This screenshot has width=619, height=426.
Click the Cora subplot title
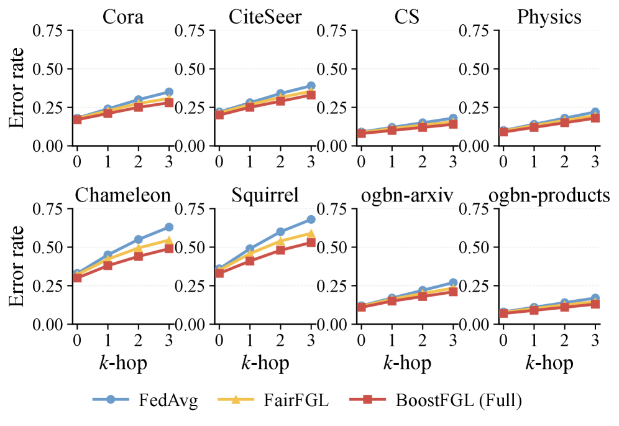(123, 17)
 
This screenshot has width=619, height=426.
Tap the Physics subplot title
(549, 17)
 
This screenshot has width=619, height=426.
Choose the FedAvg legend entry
(145, 400)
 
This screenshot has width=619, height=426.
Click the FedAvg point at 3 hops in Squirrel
(311, 220)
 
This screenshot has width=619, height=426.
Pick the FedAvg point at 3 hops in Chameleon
(169, 227)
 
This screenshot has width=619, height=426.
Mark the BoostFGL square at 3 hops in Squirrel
(311, 243)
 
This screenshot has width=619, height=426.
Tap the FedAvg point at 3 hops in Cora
(169, 92)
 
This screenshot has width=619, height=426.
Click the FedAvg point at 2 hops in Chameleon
(139, 239)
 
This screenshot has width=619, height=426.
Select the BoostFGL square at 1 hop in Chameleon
(108, 266)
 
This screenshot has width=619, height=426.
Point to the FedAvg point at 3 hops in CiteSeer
(311, 86)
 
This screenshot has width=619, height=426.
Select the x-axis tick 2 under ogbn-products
(564, 340)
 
